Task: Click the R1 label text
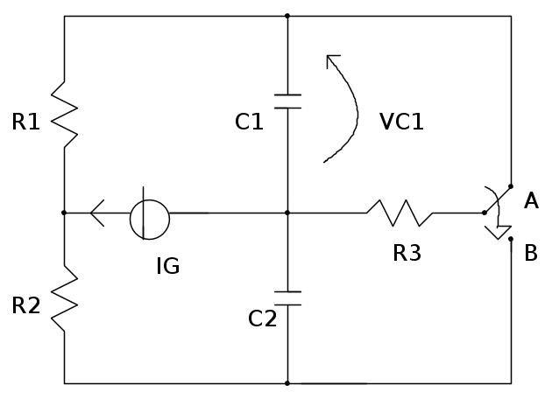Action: click(26, 122)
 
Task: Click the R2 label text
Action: click(26, 305)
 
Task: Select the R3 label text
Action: click(407, 254)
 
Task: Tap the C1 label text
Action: click(249, 122)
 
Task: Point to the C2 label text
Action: click(262, 318)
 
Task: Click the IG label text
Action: click(167, 266)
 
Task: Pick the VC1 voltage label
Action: click(401, 122)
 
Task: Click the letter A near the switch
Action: click(531, 202)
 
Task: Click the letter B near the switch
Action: click(531, 254)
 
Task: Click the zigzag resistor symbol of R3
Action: click(400, 212)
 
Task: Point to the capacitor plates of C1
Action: click(287, 101)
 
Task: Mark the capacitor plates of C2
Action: click(287, 298)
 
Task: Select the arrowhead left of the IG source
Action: click(97, 212)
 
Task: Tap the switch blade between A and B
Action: click(497, 210)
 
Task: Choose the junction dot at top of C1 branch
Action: click(287, 16)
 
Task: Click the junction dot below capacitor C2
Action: click(287, 383)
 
